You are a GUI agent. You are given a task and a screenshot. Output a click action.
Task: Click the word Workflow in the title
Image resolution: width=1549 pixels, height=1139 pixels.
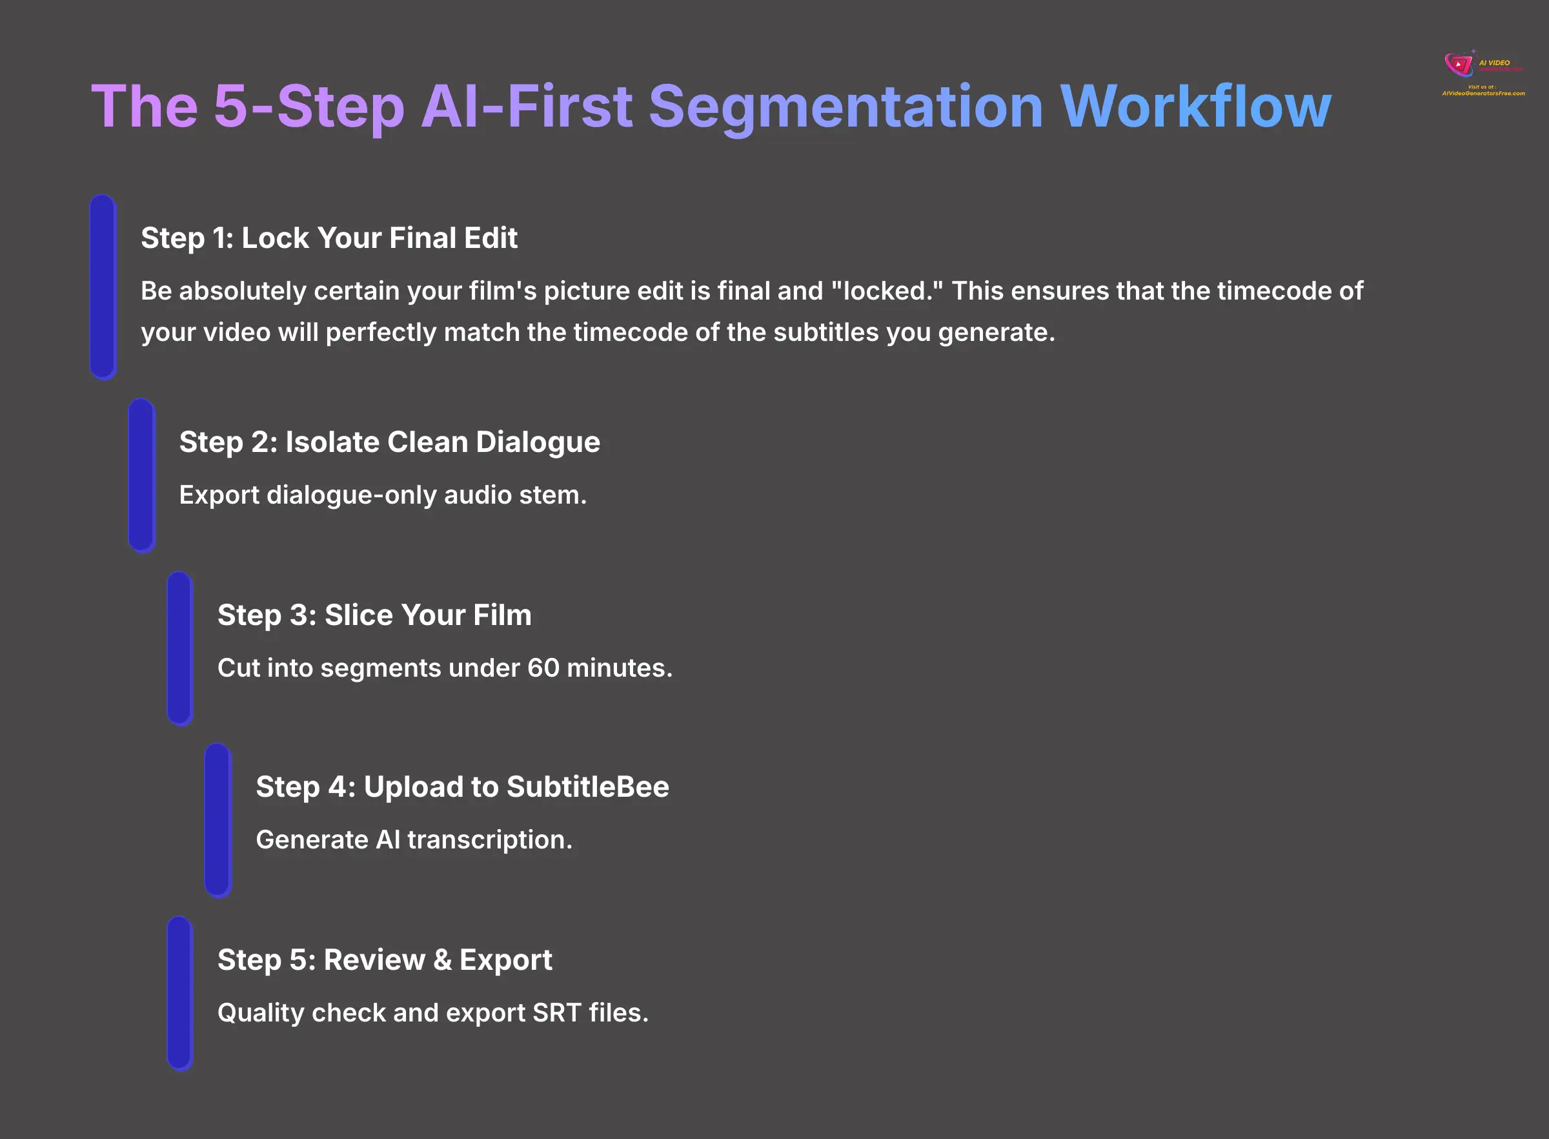pos(1195,107)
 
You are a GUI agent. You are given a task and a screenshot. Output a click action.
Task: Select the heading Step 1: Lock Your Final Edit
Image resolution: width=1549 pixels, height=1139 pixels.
pos(329,238)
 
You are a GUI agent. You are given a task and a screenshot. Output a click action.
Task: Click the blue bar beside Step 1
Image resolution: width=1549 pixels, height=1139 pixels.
pos(103,287)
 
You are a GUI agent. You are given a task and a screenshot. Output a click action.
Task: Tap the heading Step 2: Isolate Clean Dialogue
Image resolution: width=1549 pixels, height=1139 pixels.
pos(389,442)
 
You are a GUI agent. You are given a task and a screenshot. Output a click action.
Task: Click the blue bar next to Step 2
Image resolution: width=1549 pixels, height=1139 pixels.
pos(141,475)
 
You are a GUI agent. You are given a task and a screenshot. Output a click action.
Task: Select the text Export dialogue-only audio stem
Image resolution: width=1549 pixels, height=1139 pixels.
pos(383,495)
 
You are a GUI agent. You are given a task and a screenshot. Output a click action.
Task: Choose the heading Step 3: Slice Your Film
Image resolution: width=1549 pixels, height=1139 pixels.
pos(374,615)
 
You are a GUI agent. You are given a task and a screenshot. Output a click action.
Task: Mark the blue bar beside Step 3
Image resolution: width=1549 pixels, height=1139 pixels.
pos(180,648)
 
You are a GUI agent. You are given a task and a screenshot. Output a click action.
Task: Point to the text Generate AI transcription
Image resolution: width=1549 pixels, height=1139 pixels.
pos(414,840)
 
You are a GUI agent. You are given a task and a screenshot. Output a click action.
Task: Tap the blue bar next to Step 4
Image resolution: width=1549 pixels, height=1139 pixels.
pos(218,820)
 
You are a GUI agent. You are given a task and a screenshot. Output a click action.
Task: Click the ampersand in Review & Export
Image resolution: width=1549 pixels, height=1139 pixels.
pos(441,959)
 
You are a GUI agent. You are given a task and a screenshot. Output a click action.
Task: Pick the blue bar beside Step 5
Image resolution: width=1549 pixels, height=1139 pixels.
pos(180,993)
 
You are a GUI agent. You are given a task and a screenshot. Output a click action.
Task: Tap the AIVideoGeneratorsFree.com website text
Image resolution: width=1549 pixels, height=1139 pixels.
pos(1483,94)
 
